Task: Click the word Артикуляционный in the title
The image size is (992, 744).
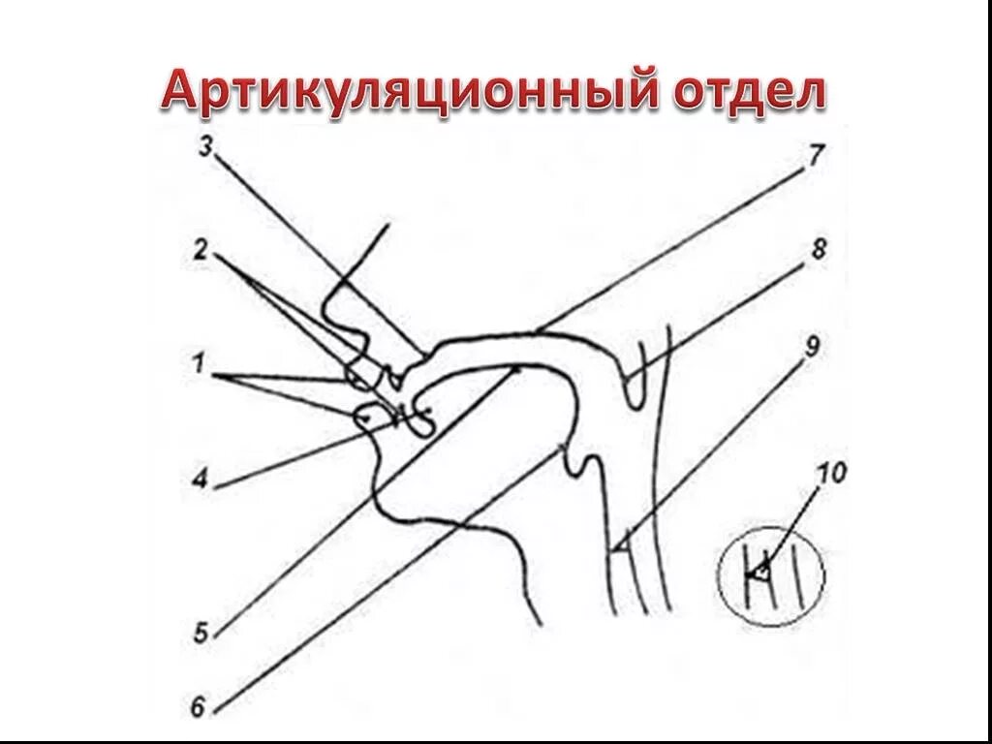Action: tap(408, 92)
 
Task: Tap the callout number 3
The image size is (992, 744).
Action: tap(205, 146)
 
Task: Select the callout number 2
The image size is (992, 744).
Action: tap(201, 249)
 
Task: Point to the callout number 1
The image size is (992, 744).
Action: tap(199, 366)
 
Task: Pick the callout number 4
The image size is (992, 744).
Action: tap(201, 478)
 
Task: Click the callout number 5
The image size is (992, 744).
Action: tap(200, 635)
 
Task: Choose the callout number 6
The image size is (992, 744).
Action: tap(199, 707)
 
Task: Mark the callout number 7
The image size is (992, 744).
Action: tap(816, 153)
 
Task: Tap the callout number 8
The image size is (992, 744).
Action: tap(820, 249)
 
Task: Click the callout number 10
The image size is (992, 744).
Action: tap(832, 474)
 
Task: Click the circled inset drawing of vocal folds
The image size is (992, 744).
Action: tap(770, 575)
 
